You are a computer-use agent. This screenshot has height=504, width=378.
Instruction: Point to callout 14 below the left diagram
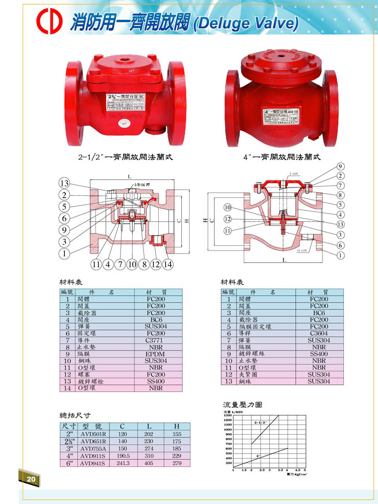point(168,264)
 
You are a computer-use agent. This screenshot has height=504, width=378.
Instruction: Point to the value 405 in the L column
point(149,463)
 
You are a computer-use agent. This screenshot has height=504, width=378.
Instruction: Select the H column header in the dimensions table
point(176,426)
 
